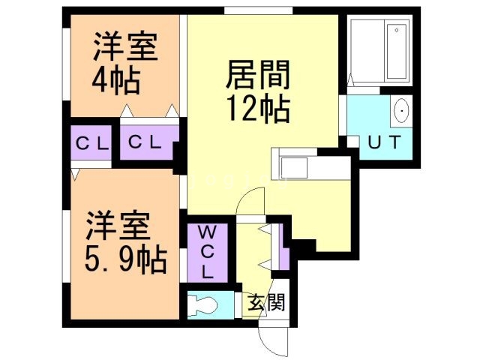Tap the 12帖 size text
(257, 110)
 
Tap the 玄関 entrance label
(265, 304)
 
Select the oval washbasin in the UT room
(401, 112)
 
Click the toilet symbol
(207, 305)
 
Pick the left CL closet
(91, 142)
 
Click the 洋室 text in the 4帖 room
(125, 46)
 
